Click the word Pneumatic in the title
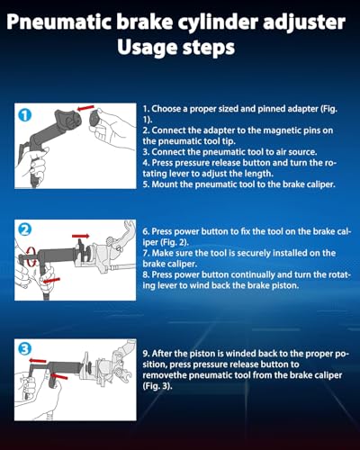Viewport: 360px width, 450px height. (59, 22)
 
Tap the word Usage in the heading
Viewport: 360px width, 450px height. (147, 48)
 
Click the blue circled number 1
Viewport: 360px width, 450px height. (25, 115)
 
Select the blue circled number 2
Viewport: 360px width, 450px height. (25, 230)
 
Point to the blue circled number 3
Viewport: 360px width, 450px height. (25, 349)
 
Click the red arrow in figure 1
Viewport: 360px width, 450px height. (85, 108)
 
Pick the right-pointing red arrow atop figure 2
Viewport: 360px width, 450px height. (80, 237)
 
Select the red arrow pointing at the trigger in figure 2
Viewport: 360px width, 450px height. (51, 281)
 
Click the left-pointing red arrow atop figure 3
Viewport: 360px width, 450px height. (38, 360)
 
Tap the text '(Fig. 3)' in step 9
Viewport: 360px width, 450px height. (157, 386)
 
